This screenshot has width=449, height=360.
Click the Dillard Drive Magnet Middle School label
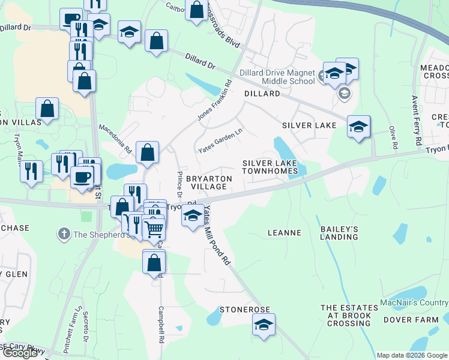tap(277, 77)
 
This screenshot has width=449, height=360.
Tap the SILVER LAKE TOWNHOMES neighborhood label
tap(270, 167)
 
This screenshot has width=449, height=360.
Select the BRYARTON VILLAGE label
tap(206, 182)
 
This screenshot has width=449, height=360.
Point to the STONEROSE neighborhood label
tap(245, 310)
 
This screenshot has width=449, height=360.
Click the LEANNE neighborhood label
tap(284, 232)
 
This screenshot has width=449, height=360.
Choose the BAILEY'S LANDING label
tap(340, 232)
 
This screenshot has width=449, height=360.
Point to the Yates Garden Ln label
tap(221, 143)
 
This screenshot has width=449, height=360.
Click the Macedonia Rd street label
tap(115, 139)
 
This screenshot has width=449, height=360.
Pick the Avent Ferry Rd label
tap(416, 120)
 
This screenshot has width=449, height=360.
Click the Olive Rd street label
tap(393, 137)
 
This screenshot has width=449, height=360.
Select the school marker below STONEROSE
tap(263, 324)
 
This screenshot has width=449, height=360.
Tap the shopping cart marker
tap(154, 228)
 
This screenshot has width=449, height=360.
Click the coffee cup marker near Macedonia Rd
tap(82, 176)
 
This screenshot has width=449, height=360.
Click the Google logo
tap(20, 353)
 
